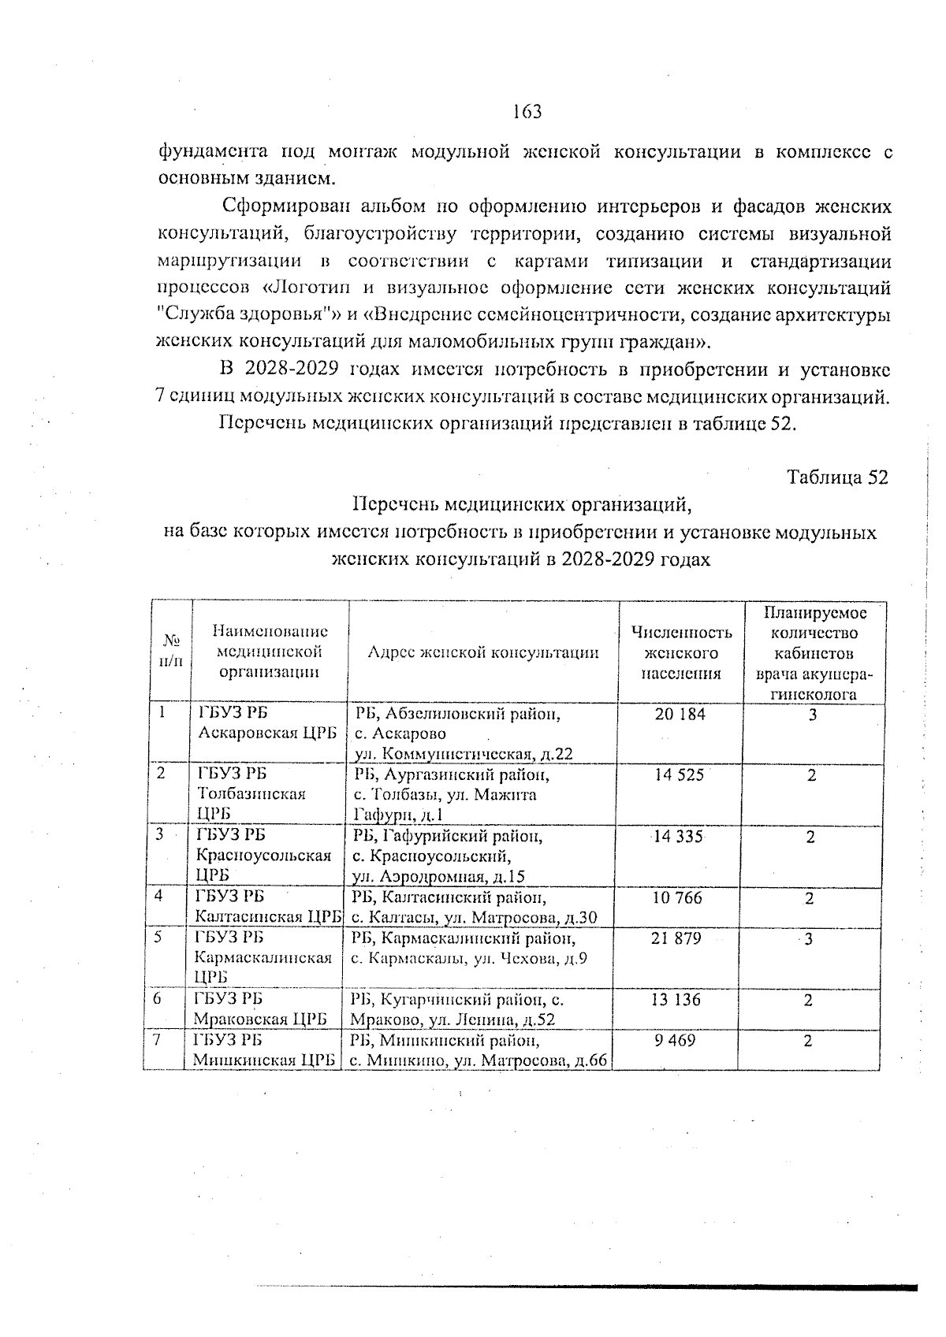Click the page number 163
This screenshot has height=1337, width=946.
[527, 112]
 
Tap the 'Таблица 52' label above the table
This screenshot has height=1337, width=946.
[837, 477]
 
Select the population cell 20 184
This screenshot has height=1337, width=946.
[680, 715]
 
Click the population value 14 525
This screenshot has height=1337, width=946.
[679, 775]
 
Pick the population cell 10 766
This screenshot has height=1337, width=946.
[676, 897]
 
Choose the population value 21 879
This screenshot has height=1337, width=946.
[676, 938]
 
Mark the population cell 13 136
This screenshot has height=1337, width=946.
[676, 1000]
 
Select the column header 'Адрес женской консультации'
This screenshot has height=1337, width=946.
[483, 652]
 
